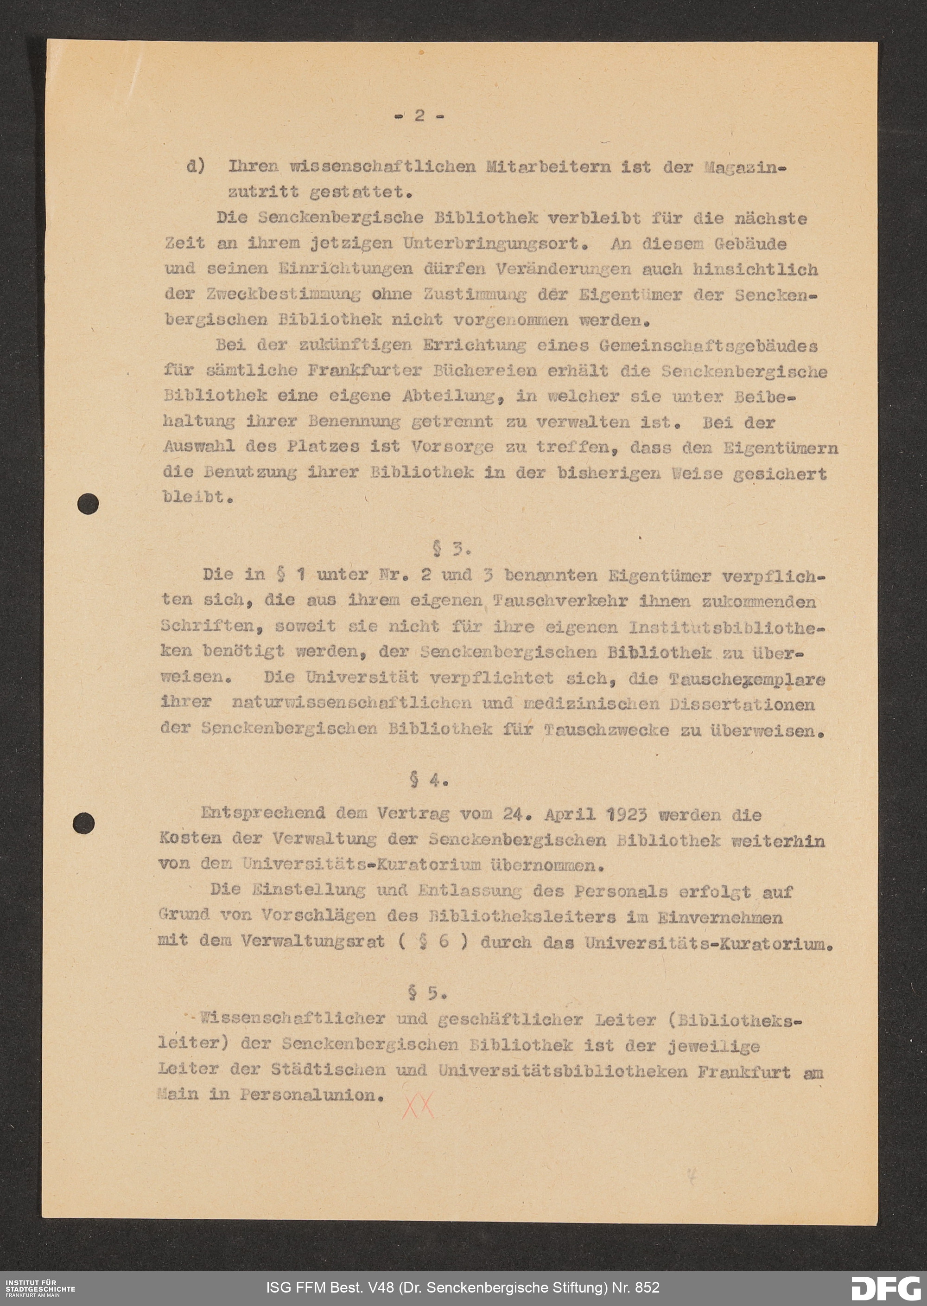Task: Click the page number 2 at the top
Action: (419, 115)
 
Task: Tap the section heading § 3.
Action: (451, 549)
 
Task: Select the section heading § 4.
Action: (429, 780)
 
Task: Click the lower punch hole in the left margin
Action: (85, 823)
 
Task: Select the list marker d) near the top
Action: (196, 167)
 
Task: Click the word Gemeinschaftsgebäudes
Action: (708, 346)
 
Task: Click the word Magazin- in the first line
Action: (745, 167)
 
